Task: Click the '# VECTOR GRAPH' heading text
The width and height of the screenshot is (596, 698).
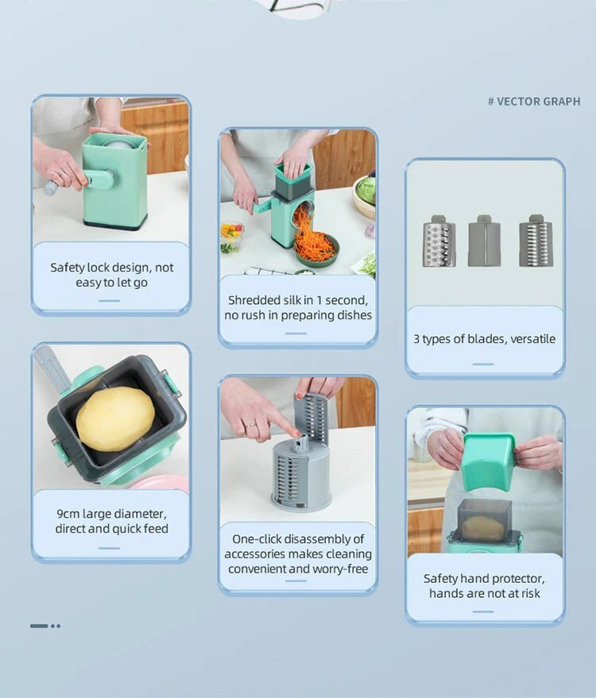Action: click(x=534, y=102)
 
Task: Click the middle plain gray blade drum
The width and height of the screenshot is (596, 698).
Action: click(x=484, y=241)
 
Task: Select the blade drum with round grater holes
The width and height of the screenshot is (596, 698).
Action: click(x=439, y=241)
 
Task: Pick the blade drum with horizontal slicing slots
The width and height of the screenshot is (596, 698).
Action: click(x=536, y=241)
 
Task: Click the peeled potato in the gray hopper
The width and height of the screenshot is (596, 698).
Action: click(x=115, y=419)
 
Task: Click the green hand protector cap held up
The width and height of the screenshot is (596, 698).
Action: click(x=488, y=461)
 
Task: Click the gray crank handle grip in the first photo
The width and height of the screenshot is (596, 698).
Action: click(x=51, y=187)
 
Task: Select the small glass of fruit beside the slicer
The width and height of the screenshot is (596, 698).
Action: click(x=231, y=236)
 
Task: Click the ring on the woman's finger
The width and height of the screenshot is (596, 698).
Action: click(x=251, y=426)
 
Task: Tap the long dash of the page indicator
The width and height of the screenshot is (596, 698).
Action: click(x=39, y=626)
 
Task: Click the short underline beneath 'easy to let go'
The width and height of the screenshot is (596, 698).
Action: click(x=109, y=301)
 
